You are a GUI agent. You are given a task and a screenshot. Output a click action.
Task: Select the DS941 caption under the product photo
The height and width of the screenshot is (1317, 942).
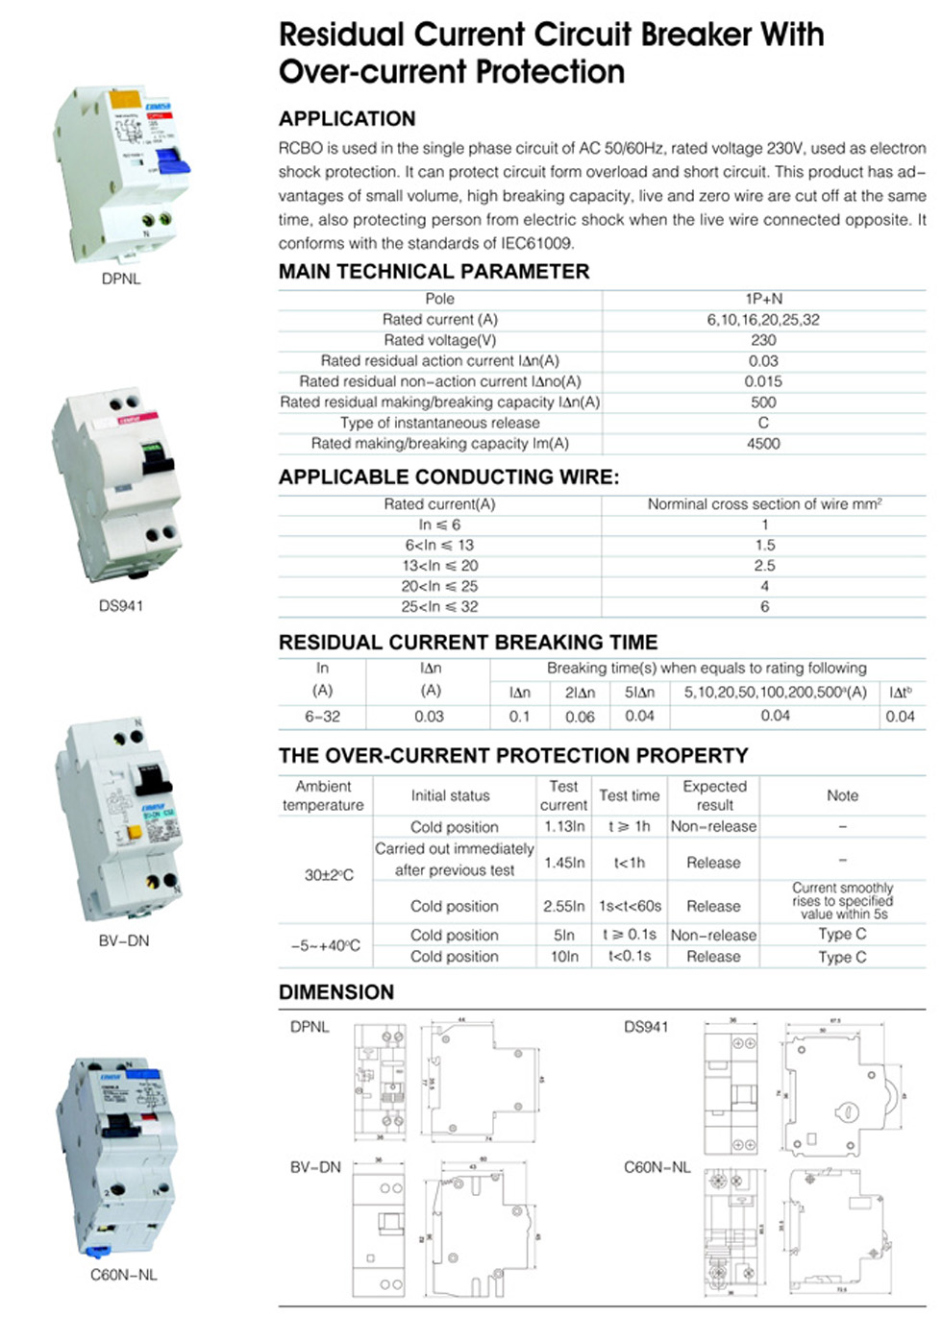(x=121, y=606)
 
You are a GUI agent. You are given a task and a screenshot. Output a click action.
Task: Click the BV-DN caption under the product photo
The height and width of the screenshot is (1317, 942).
(x=124, y=941)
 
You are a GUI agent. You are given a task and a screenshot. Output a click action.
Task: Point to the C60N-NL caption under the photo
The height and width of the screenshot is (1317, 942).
(x=123, y=1276)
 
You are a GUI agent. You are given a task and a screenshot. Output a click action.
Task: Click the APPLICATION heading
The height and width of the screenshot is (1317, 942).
(x=347, y=119)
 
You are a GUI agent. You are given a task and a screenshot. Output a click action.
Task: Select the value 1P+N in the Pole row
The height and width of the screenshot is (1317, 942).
(x=764, y=300)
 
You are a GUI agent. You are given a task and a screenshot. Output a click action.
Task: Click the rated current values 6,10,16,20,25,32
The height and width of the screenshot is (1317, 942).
(x=763, y=320)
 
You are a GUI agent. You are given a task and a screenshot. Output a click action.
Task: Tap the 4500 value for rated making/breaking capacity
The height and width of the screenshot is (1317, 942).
(x=763, y=444)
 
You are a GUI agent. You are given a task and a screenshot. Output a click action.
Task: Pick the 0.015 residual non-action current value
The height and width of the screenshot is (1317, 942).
(x=763, y=381)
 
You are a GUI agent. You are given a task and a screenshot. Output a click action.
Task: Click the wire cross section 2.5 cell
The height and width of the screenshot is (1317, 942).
(x=764, y=566)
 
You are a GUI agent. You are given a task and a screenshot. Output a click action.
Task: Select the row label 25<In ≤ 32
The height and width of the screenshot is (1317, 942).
(x=439, y=607)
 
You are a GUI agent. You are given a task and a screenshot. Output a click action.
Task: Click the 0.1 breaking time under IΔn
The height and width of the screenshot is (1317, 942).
(x=520, y=717)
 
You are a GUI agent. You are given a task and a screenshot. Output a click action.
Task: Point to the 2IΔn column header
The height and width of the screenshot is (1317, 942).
(x=580, y=693)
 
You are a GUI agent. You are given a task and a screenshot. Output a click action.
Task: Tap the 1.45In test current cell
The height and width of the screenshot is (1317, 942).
(x=564, y=863)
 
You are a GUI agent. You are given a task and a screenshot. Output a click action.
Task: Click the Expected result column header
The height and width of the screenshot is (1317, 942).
(x=714, y=795)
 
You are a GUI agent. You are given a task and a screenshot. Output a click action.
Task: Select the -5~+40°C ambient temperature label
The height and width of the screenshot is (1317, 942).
(x=325, y=945)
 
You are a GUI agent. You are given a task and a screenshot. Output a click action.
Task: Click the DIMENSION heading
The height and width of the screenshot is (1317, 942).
(x=336, y=992)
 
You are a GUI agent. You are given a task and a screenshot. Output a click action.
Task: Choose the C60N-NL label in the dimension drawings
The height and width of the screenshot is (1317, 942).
(x=657, y=1168)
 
